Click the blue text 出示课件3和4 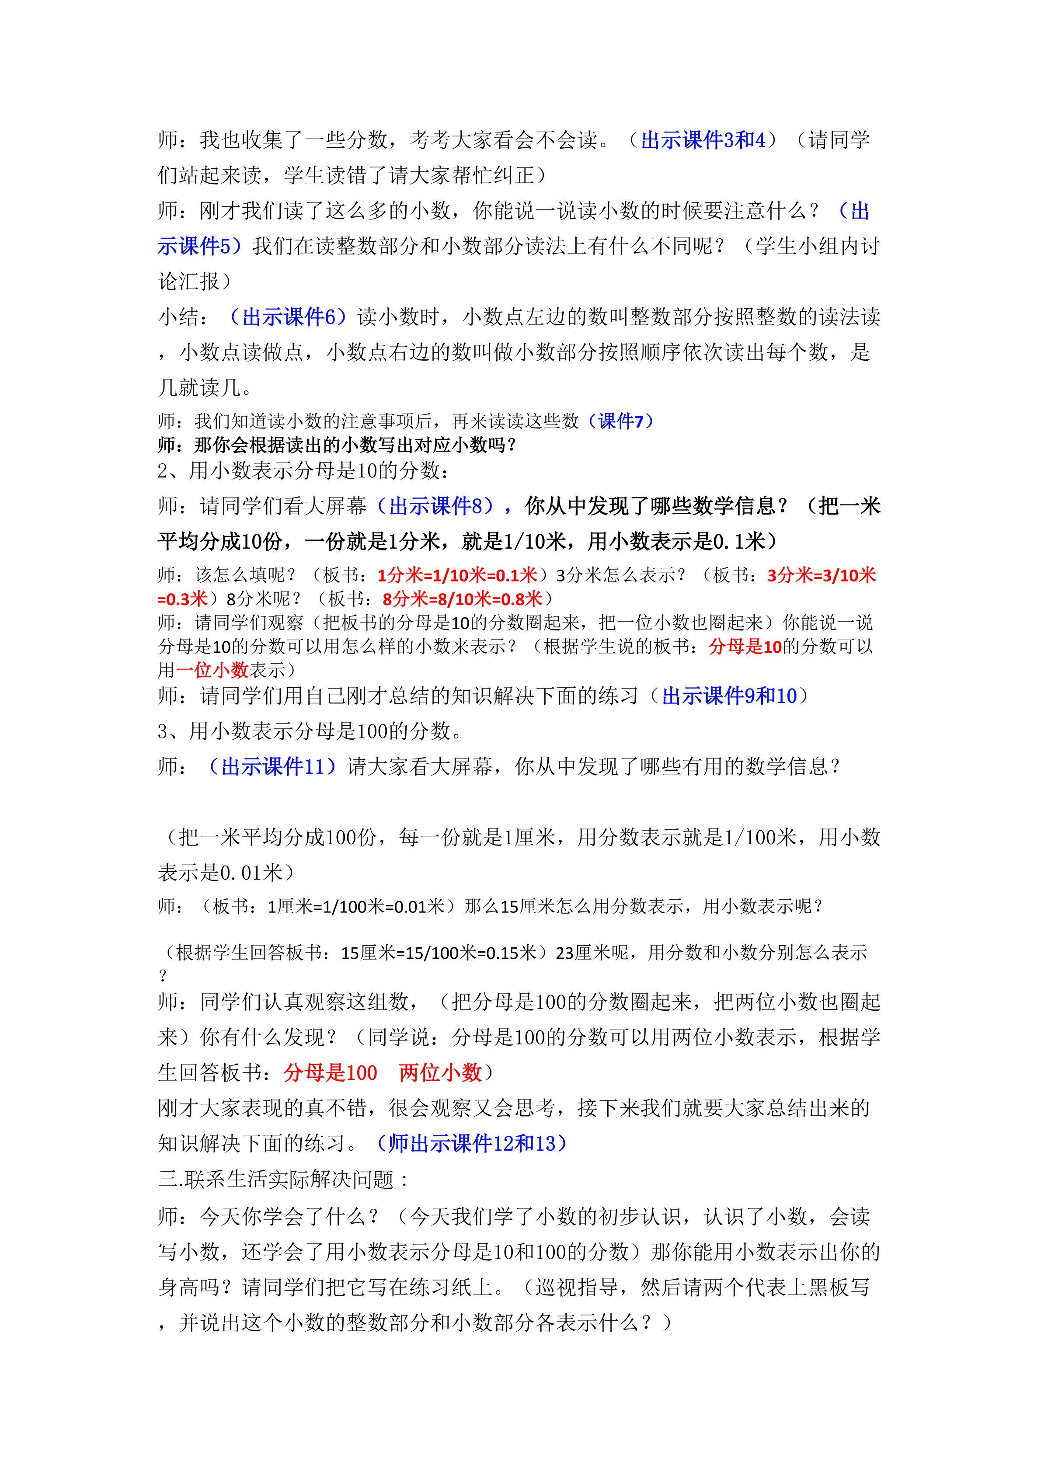pyautogui.click(x=703, y=140)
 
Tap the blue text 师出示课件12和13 pyautogui.click(x=471, y=1143)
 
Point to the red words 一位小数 pyautogui.click(x=212, y=670)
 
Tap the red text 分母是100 pyautogui.click(x=331, y=1072)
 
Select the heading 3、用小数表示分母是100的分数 pyautogui.click(x=310, y=731)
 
